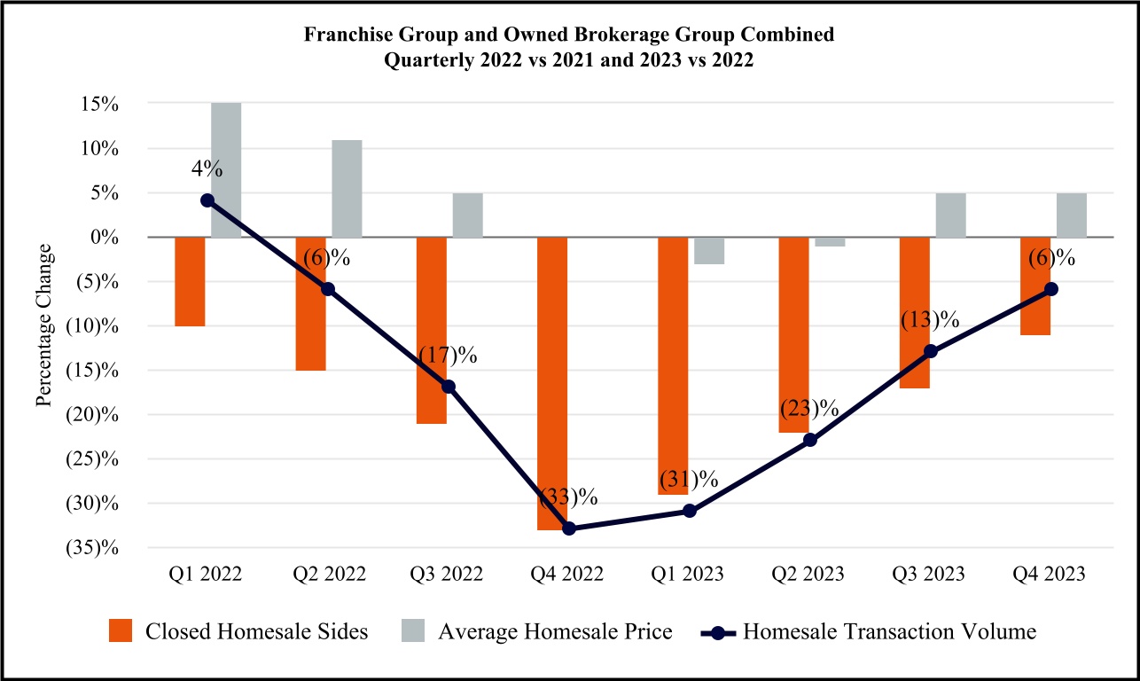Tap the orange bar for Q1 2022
[x=190, y=281]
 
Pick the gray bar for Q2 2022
[x=347, y=189]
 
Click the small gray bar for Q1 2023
[x=708, y=250]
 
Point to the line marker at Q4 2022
[x=569, y=528]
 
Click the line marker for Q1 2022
[x=207, y=200]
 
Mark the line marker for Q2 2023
[x=810, y=440]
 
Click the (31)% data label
[x=689, y=480]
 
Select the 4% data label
[x=207, y=169]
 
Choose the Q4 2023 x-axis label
[x=1050, y=575]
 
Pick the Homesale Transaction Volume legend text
[x=890, y=632]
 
